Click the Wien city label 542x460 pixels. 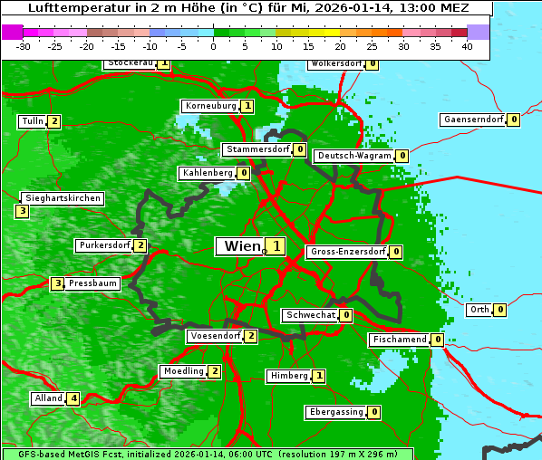(239, 246)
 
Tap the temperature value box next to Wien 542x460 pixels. (275, 246)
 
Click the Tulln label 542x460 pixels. (32, 121)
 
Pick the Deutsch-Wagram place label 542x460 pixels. (354, 156)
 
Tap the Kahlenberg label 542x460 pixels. (208, 173)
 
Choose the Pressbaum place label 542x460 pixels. (93, 283)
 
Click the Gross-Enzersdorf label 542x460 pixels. (348, 252)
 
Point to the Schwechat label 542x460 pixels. (310, 315)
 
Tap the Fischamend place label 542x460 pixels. (399, 340)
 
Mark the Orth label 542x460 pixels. (479, 310)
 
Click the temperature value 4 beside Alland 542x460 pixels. (73, 398)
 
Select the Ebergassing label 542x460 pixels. (336, 412)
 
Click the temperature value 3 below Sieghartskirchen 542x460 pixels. (22, 212)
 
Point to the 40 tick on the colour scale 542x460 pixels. (467, 46)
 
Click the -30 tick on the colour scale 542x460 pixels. (24, 46)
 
